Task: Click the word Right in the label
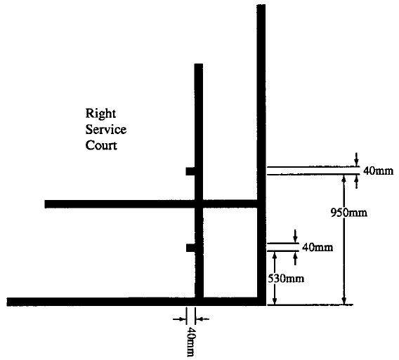pyautogui.click(x=100, y=114)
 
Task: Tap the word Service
pyautogui.click(x=106, y=129)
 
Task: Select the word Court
pyautogui.click(x=101, y=145)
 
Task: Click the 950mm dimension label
pyautogui.click(x=349, y=213)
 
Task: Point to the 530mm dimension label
pyautogui.click(x=286, y=279)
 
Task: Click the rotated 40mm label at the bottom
pyautogui.click(x=191, y=342)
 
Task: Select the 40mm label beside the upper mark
pyautogui.click(x=378, y=171)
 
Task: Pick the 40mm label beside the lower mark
pyautogui.click(x=318, y=247)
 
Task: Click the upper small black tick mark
pyautogui.click(x=190, y=171)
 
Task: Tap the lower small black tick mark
pyautogui.click(x=190, y=248)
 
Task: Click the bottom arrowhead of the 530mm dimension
pyautogui.click(x=274, y=300)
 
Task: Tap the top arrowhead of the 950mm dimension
pyautogui.click(x=344, y=179)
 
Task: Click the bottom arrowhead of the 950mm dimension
pyautogui.click(x=344, y=300)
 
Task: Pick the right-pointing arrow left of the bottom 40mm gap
pyautogui.click(x=179, y=319)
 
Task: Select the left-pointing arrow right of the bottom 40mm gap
pyautogui.click(x=202, y=319)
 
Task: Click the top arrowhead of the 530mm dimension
pyautogui.click(x=274, y=255)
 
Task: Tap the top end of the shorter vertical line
pyautogui.click(x=199, y=64)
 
